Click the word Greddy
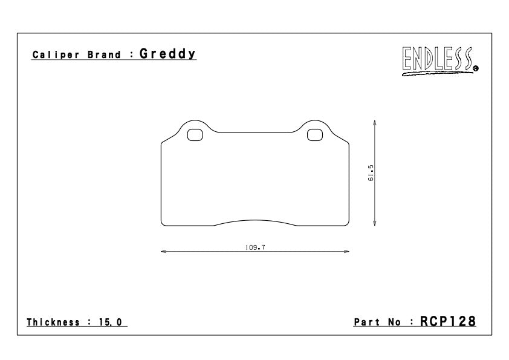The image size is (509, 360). click(x=167, y=54)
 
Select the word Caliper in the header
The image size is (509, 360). click(x=56, y=54)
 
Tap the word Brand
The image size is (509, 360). click(x=104, y=54)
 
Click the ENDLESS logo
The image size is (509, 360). click(x=438, y=61)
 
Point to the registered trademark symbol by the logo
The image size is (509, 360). click(x=476, y=68)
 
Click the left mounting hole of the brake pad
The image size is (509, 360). click(x=195, y=135)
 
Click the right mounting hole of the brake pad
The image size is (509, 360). click(x=315, y=135)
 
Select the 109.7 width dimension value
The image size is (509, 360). click(x=255, y=247)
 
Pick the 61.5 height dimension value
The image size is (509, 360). click(x=371, y=173)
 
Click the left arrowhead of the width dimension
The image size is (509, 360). click(x=163, y=251)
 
